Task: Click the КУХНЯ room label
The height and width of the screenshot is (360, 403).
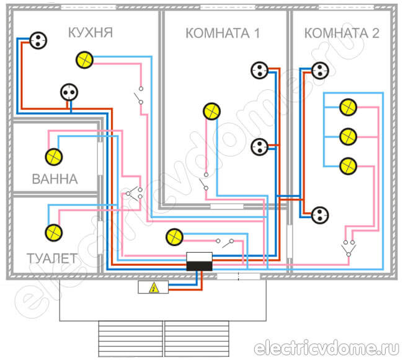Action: click(90, 32)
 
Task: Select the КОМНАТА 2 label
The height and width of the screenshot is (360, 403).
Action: click(341, 33)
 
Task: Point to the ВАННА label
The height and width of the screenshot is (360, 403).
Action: click(55, 180)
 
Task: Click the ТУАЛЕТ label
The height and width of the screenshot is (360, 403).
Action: click(52, 257)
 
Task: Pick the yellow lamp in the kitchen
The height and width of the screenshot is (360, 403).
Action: click(84, 59)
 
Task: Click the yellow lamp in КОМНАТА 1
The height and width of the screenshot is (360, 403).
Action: click(211, 112)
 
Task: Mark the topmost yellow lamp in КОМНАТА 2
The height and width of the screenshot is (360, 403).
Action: click(348, 107)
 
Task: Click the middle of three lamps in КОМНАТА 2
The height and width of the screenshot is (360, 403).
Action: click(348, 135)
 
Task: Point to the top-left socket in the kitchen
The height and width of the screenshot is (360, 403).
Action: click(37, 41)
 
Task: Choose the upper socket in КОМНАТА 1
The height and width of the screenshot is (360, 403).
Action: click(259, 71)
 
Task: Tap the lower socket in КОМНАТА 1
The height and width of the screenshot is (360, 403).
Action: click(259, 147)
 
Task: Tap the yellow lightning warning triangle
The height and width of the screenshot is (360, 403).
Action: click(152, 288)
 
